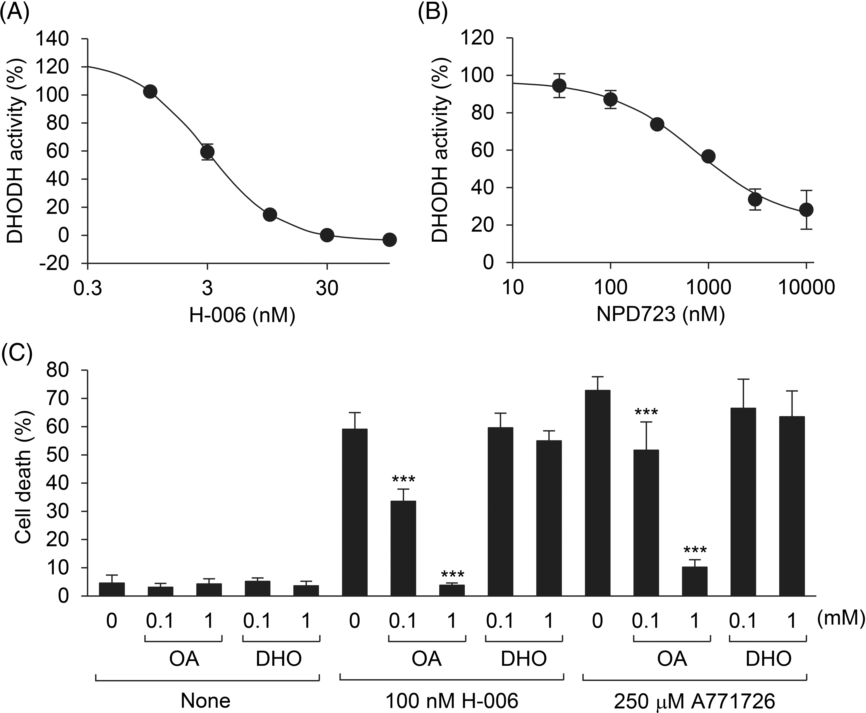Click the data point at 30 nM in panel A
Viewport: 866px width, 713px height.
(327, 235)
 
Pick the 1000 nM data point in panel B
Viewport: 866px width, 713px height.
(708, 156)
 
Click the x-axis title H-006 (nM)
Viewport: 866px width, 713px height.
(242, 315)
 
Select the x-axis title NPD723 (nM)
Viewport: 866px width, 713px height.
(660, 315)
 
